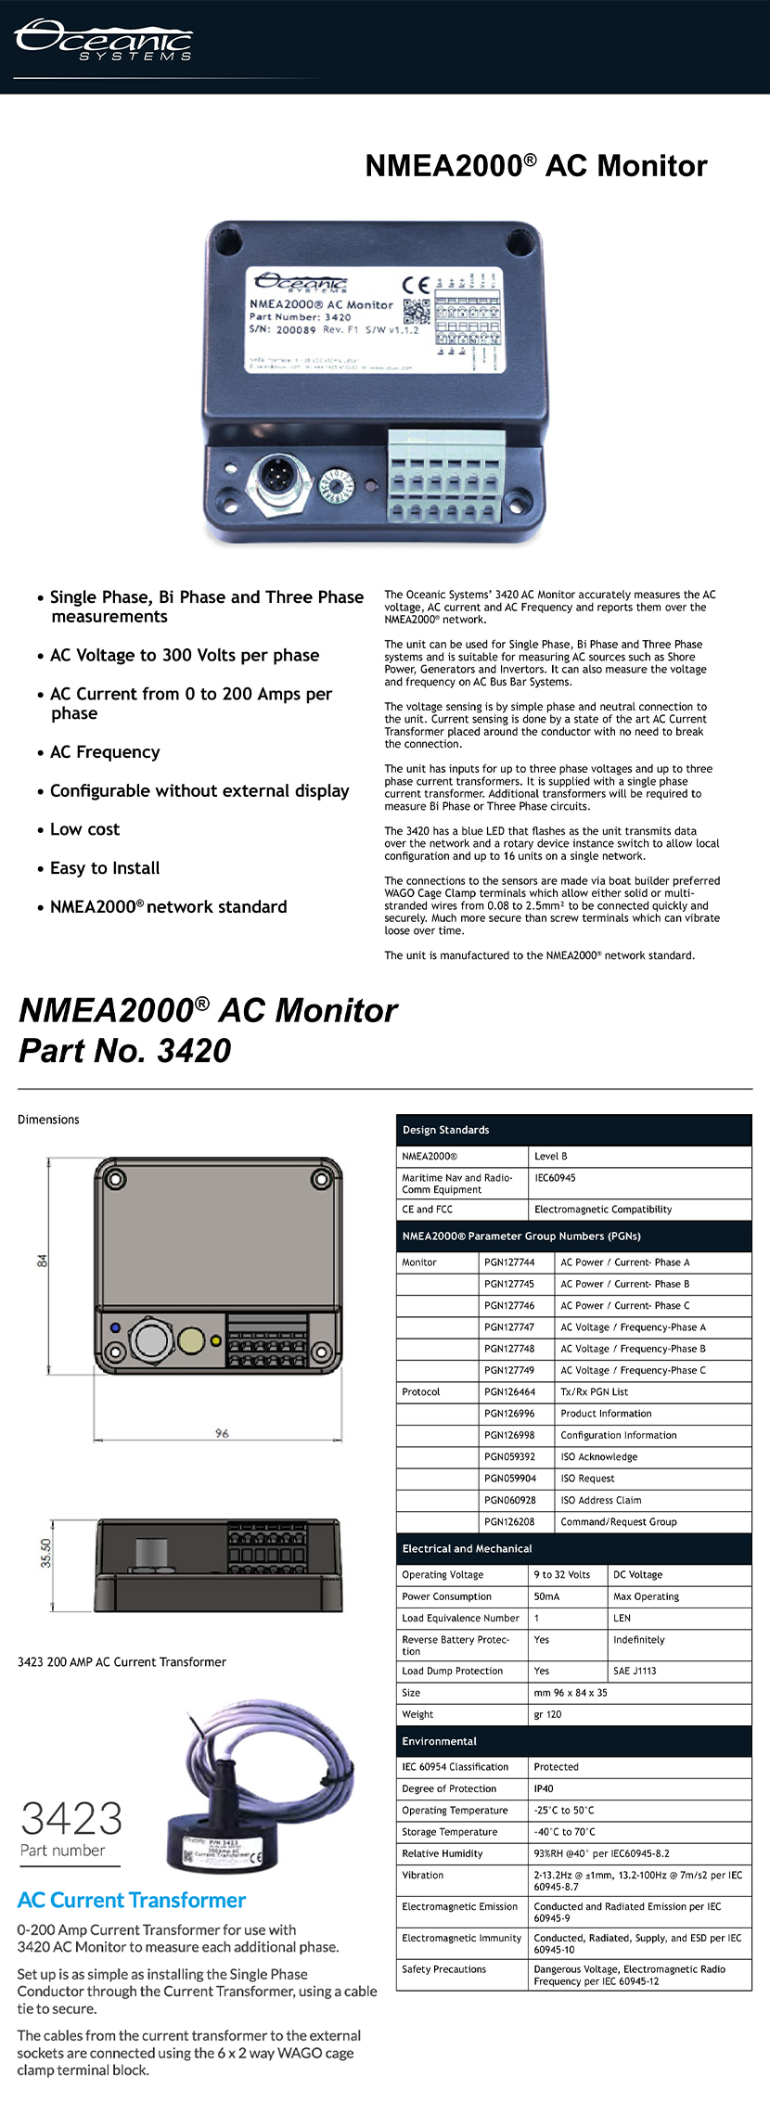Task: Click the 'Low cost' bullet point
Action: tap(84, 829)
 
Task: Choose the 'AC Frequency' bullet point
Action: tap(104, 752)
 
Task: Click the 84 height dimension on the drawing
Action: tap(42, 1261)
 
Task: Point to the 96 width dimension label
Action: tap(222, 1433)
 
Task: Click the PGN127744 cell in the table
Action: tap(509, 1262)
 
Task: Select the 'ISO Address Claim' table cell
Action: tap(600, 1500)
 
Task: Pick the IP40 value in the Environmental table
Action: tap(544, 1788)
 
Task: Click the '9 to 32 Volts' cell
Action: tap(561, 1574)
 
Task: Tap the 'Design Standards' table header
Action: tap(445, 1130)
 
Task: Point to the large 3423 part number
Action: tap(71, 1819)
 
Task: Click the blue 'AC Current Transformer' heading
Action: tap(132, 1900)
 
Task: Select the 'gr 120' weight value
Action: tap(547, 1714)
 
